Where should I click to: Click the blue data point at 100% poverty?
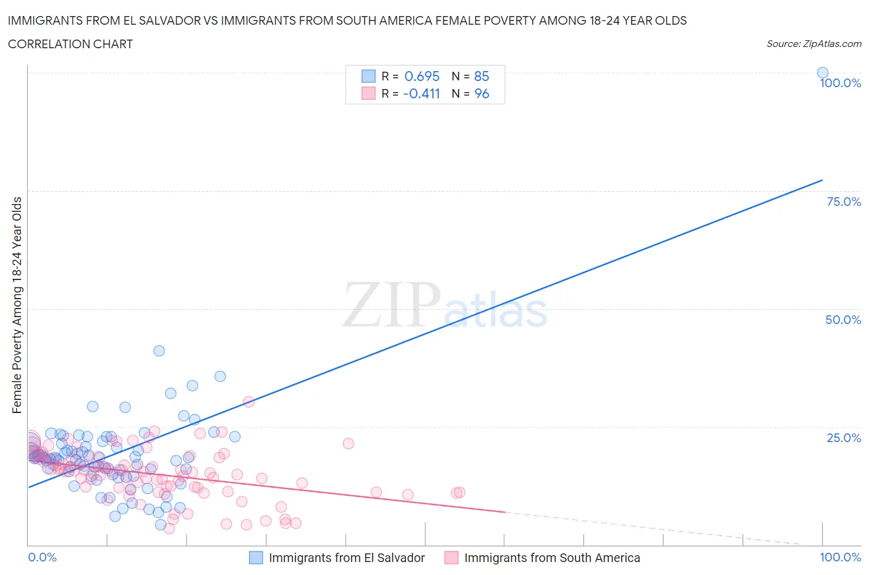point(823,72)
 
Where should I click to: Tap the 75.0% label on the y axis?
point(844,202)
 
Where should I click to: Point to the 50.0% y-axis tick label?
point(843,320)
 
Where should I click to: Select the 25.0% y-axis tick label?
point(844,438)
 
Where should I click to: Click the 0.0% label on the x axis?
point(42,557)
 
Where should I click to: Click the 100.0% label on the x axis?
point(840,557)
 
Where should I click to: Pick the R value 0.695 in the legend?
point(422,76)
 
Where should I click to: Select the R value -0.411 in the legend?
point(421,93)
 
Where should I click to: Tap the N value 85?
point(481,76)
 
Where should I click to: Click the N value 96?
point(481,93)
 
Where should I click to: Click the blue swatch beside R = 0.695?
point(368,76)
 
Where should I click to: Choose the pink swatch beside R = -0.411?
point(368,93)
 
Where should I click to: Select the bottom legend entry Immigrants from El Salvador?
point(346,558)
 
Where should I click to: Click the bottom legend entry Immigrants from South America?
point(551,558)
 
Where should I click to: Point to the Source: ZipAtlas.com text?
point(813,43)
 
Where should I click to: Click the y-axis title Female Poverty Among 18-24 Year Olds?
point(17,305)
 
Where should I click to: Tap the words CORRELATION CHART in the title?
point(70,44)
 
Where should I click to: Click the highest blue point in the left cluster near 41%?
point(159,351)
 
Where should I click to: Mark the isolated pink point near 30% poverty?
point(248,401)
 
